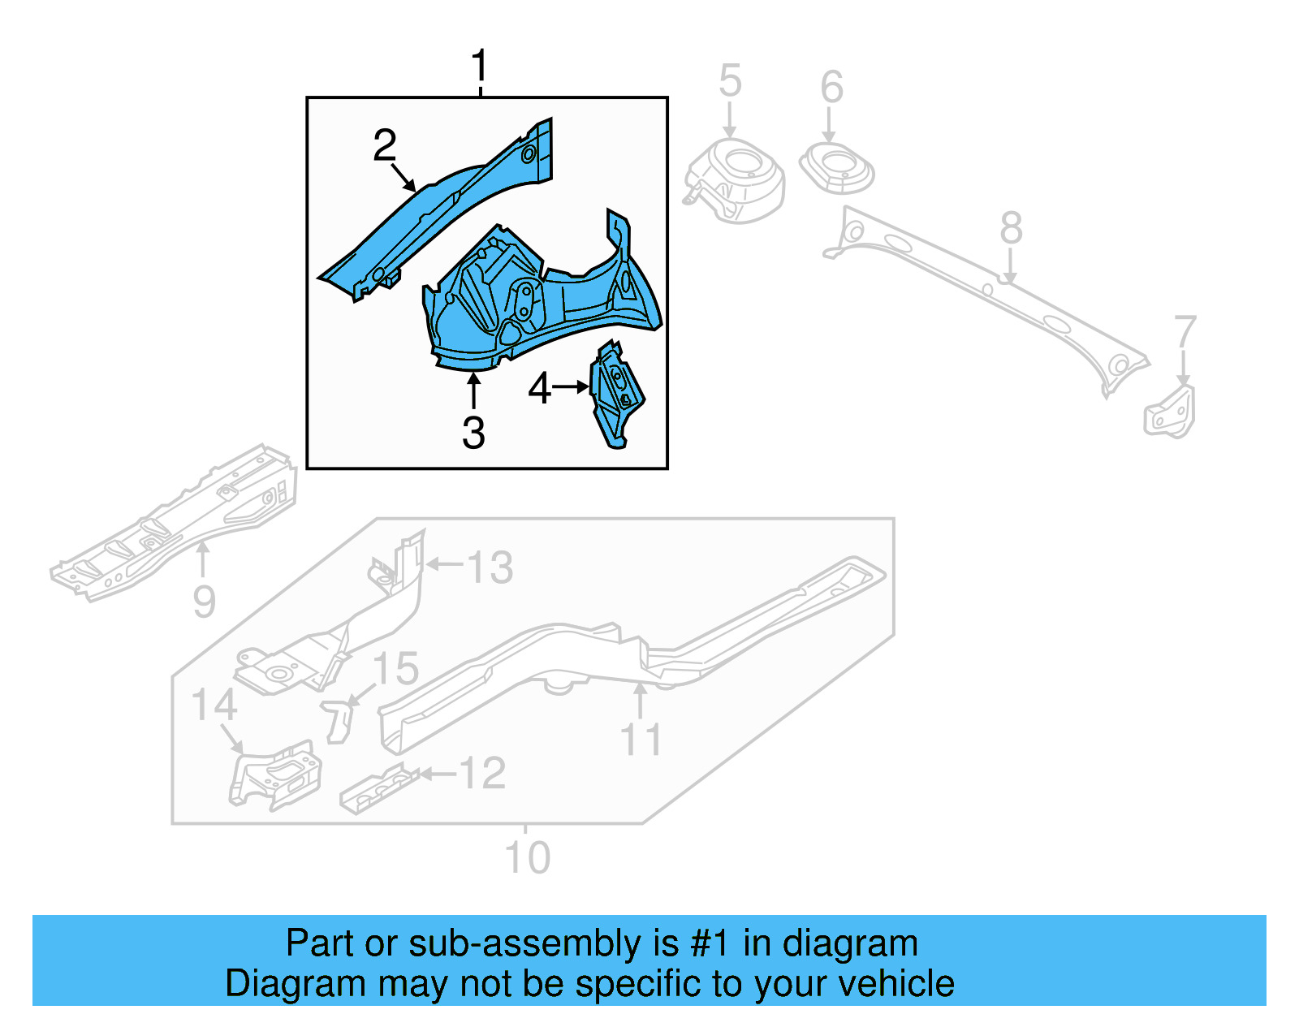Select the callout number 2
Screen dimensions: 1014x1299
[x=385, y=145]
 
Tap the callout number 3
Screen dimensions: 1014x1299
[x=473, y=433]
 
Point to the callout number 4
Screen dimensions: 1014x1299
[x=539, y=389]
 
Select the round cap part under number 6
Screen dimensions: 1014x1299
[x=837, y=169]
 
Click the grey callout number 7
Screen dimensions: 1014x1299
[x=1185, y=332]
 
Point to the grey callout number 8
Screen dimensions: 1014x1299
[x=1011, y=228]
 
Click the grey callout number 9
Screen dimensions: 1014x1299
[x=205, y=602]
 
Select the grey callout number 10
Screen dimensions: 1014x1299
[x=528, y=857]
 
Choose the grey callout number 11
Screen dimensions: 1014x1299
[x=641, y=740]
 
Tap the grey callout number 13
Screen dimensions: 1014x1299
[x=490, y=567]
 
